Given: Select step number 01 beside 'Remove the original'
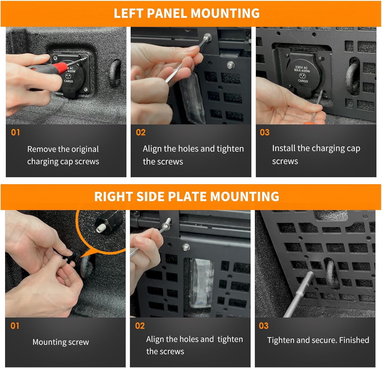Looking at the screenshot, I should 15,132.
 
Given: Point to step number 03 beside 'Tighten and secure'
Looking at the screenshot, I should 264,326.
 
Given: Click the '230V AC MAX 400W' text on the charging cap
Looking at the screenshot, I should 302,69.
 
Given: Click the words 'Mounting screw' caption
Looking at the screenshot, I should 61,342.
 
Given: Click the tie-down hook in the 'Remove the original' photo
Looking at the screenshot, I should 115,73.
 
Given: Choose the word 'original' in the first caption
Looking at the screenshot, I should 86,149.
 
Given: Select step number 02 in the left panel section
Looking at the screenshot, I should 141,132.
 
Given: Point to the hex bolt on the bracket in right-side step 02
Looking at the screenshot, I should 186,246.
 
